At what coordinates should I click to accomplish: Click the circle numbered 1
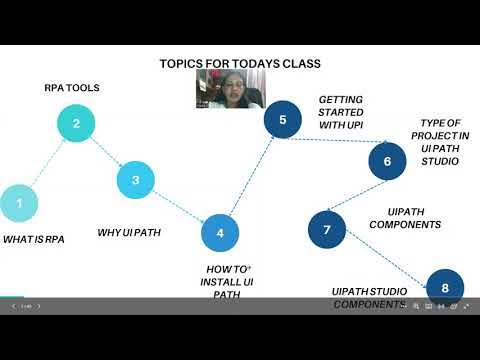point(18,203)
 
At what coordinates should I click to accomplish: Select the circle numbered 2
point(76,124)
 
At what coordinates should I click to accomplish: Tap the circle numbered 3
point(135,180)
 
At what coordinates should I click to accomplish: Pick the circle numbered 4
point(220,233)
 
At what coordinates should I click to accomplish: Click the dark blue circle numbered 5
point(283,120)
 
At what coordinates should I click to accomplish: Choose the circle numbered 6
point(387,160)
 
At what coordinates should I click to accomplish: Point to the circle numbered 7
point(326,229)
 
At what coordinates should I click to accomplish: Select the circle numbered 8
point(445,288)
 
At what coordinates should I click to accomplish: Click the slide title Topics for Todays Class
point(240,64)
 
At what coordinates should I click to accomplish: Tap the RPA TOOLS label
point(71,87)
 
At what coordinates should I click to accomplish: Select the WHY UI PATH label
point(129,233)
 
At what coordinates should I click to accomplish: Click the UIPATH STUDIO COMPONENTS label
point(369,297)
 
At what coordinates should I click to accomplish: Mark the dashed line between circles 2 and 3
point(106,152)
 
